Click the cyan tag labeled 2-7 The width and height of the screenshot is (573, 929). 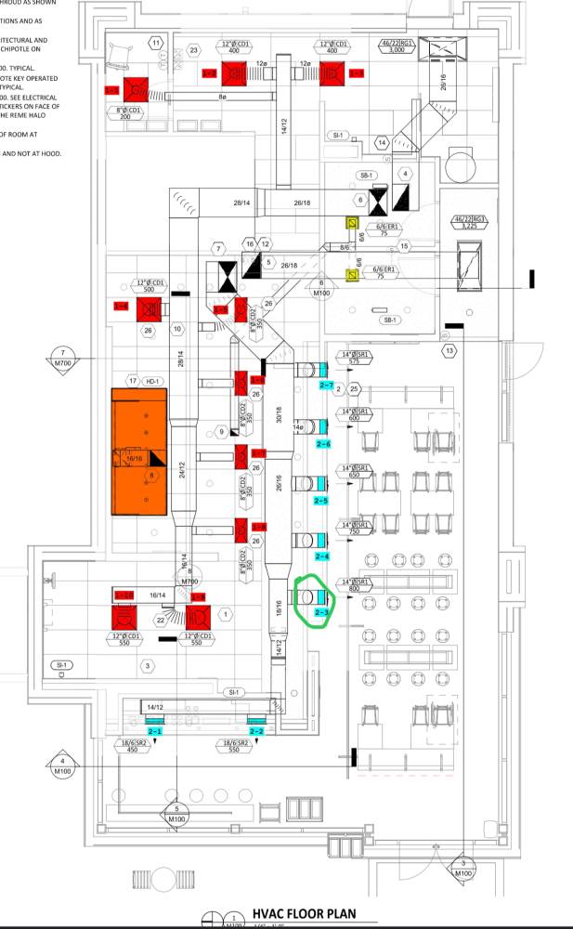(x=326, y=384)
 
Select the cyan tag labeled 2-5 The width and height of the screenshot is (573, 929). (x=321, y=501)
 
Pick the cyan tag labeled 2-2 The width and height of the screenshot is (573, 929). (x=256, y=732)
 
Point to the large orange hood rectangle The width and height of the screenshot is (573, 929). (x=139, y=451)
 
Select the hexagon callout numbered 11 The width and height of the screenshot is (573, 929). (x=155, y=44)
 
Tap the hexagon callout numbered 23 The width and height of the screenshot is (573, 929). (x=193, y=49)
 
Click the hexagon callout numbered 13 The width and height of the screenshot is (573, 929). (x=449, y=350)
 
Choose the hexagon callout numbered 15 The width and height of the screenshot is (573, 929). (x=405, y=246)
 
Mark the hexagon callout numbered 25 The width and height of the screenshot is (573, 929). (x=354, y=388)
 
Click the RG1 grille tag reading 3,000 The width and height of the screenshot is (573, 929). (x=397, y=48)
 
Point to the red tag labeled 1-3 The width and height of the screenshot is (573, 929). (x=357, y=72)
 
